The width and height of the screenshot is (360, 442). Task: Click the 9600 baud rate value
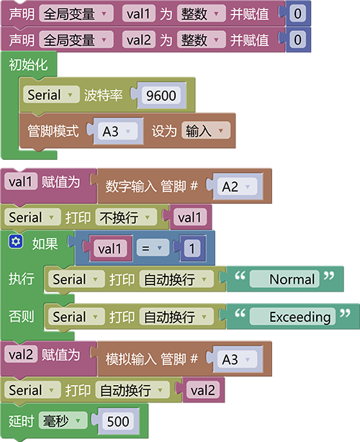coord(161,96)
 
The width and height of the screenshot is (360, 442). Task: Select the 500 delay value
coord(118,421)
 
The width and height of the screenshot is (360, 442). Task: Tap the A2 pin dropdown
coord(238,186)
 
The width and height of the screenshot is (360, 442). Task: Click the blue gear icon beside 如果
coord(16,242)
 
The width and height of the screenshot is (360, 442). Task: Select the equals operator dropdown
coord(153,248)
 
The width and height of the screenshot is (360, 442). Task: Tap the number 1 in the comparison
coord(192,248)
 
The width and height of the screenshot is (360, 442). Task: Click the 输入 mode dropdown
coord(206,130)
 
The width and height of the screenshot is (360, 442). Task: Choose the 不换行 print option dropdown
coord(126,217)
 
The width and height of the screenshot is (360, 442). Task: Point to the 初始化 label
coord(28,65)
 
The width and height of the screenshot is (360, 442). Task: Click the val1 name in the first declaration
coord(139,14)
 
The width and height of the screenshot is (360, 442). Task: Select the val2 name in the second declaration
coord(139,40)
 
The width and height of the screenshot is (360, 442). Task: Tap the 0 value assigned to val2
coord(297,40)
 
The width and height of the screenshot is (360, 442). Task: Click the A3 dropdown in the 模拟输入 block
coord(238,359)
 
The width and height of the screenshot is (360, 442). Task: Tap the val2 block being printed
coord(203,390)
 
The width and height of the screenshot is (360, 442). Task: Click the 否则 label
coord(22,316)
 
